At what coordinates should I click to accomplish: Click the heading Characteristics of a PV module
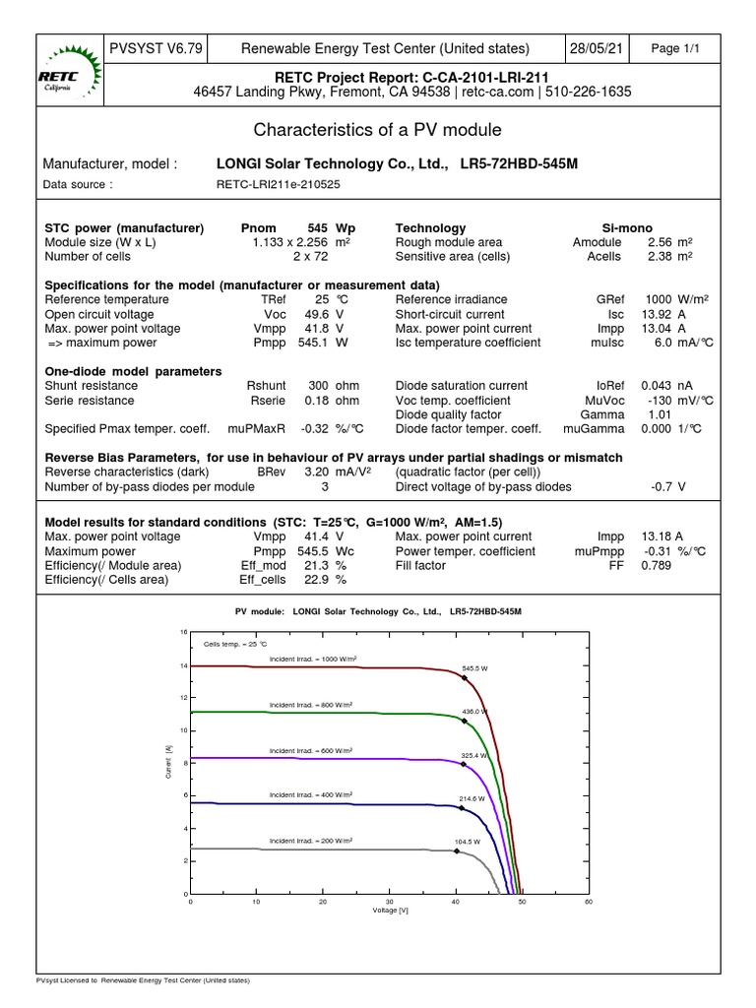click(378, 130)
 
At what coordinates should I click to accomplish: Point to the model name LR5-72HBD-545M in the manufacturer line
click(519, 164)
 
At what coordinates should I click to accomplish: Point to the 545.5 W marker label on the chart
click(475, 667)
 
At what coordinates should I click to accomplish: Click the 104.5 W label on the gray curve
click(467, 842)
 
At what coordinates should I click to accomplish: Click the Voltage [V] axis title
click(389, 911)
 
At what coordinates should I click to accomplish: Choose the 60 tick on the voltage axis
click(589, 901)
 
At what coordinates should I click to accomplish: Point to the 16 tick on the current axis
click(182, 632)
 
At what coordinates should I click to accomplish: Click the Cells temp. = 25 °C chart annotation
click(228, 643)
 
